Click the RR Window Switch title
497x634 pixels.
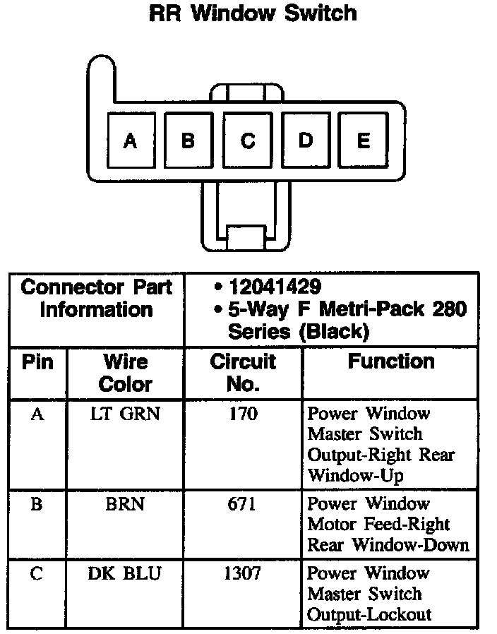click(253, 13)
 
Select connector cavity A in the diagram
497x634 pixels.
click(130, 140)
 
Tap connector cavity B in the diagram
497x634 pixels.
click(188, 140)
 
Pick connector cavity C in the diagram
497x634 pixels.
click(247, 140)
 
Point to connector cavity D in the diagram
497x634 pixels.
click(305, 140)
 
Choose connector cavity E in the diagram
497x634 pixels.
click(363, 140)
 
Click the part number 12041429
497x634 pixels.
click(275, 287)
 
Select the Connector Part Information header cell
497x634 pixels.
click(97, 299)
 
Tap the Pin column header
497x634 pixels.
click(37, 362)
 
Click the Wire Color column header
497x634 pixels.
click(126, 373)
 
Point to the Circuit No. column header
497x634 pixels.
click(243, 373)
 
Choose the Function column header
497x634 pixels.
click(390, 362)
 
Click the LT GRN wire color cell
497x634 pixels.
click(126, 414)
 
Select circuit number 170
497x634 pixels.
click(243, 414)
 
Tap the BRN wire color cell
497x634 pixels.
click(126, 504)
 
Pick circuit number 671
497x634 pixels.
click(243, 504)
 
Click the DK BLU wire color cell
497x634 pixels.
click(125, 573)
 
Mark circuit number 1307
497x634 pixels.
click(243, 573)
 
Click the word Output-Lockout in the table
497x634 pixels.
click(369, 614)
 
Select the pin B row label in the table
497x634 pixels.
click(37, 504)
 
